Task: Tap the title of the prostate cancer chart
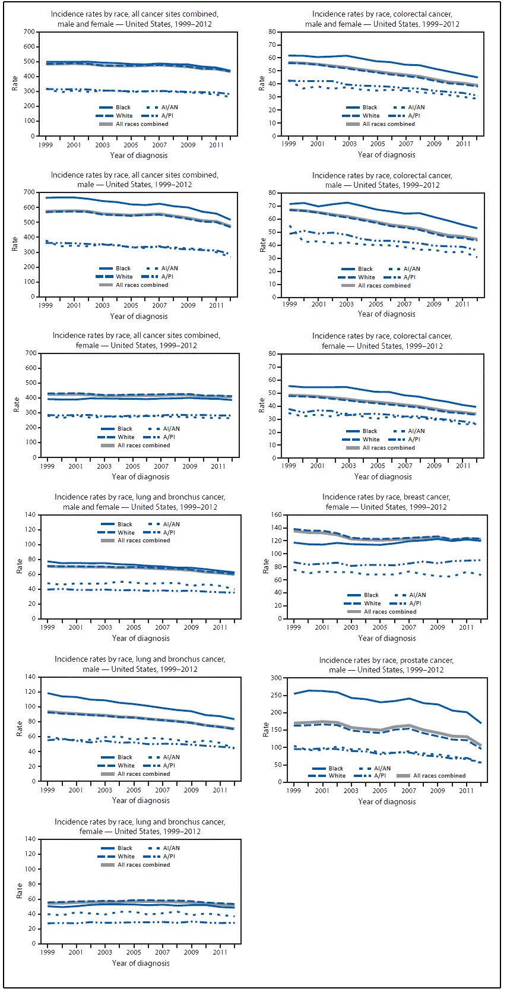pos(386,665)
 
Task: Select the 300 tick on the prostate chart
pos(276,678)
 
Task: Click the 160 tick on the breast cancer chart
pos(276,514)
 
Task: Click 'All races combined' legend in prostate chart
pos(439,776)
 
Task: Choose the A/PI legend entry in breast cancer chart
pos(415,604)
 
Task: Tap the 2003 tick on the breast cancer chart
pos(351,627)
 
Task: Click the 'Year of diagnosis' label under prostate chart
pos(386,801)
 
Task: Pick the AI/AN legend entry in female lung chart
pos(171,848)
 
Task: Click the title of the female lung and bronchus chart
pos(140,826)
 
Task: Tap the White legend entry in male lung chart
pos(126,766)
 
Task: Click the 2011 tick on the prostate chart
pos(466,791)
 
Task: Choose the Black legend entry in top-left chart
pos(123,108)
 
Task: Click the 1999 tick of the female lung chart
pos(47,952)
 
